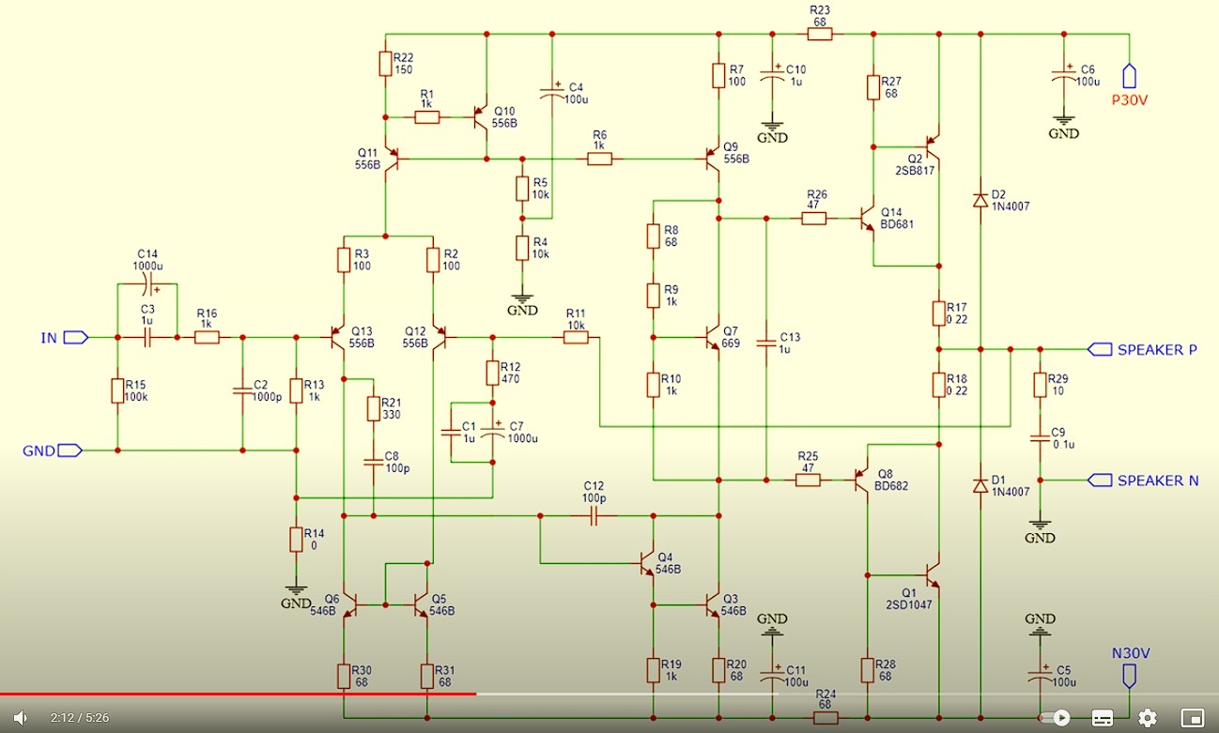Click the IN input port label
[x=49, y=337]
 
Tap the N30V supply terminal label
[x=1130, y=653]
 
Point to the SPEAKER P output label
[x=1156, y=350]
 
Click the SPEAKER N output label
[x=1157, y=481]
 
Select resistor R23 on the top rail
[x=820, y=35]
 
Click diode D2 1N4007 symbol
[x=980, y=199]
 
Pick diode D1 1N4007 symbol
[x=980, y=485]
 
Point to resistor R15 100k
[x=117, y=390]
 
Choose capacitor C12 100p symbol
[x=594, y=515]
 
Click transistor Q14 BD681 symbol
[x=866, y=219]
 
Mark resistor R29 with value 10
[x=1040, y=385]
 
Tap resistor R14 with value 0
[x=296, y=540]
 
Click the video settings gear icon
[x=1147, y=718]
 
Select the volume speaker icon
[x=20, y=718]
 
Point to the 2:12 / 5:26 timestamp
[x=80, y=718]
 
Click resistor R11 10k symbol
[x=576, y=337]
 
